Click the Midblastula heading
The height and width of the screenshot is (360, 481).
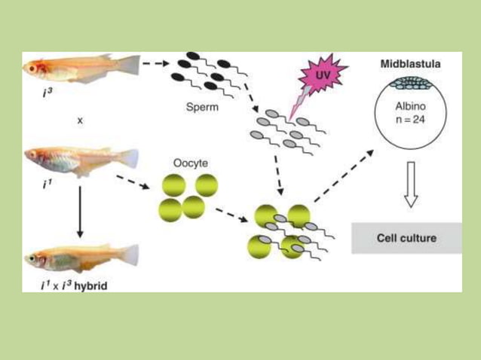(x=410, y=65)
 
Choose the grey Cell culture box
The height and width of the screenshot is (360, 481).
(x=407, y=238)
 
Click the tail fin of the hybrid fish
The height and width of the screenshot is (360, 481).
(x=130, y=254)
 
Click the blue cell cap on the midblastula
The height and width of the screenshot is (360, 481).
(x=411, y=86)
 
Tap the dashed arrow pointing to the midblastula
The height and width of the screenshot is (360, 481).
(x=342, y=175)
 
